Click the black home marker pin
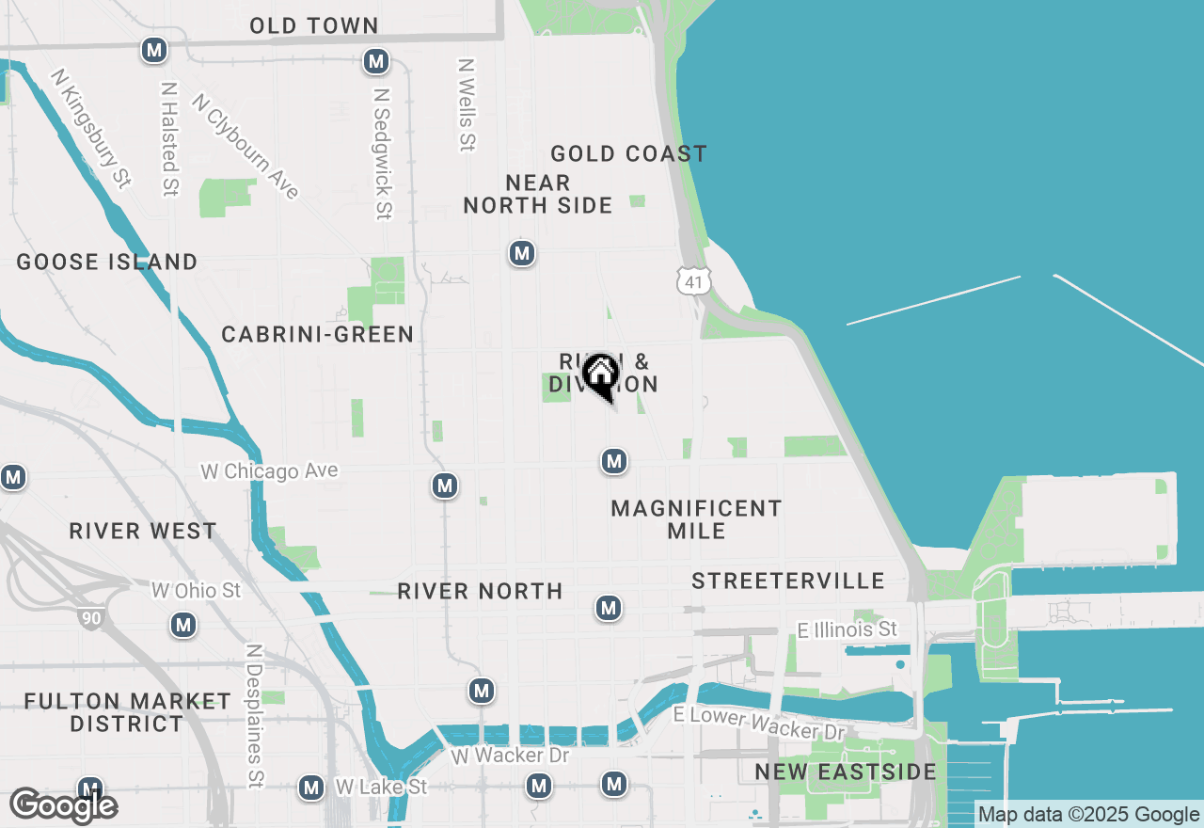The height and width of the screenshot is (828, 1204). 600,376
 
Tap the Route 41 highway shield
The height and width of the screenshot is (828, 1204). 693,281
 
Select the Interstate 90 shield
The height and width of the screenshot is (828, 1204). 90,617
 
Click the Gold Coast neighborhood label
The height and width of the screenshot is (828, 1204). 628,153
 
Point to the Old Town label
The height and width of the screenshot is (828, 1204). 314,25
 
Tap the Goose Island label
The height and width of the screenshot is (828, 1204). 107,262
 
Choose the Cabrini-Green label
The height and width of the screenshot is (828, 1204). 318,334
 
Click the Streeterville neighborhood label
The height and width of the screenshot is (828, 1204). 788,581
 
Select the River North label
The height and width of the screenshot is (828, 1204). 480,591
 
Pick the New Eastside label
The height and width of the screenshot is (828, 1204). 846,772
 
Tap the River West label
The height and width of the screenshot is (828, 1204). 143,531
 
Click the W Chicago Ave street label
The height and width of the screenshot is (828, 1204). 269,470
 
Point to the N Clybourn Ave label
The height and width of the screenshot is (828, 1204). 245,145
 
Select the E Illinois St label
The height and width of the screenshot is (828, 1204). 847,629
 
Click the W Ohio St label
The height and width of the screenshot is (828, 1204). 197,591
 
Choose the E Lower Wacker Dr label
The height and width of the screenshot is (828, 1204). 761,722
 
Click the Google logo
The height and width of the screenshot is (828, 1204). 63,805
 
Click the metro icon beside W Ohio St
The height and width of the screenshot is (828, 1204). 183,625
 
